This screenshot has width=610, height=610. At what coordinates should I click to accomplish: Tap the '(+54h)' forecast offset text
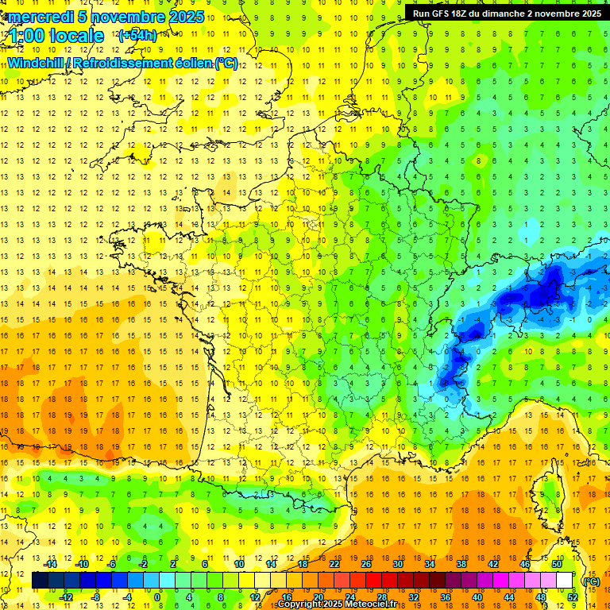(x=137, y=35)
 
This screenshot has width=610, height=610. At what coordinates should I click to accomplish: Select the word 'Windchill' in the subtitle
(x=34, y=64)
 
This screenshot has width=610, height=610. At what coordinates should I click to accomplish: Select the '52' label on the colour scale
(x=572, y=596)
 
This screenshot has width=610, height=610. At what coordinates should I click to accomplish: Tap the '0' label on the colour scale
(x=157, y=596)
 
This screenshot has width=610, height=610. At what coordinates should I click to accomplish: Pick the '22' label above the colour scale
(x=334, y=563)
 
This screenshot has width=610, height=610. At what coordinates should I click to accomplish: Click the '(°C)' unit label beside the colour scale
(x=591, y=581)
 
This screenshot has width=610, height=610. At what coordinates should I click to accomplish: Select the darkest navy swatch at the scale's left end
(x=40, y=581)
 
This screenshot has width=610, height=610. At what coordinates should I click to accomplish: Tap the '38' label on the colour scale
(x=461, y=563)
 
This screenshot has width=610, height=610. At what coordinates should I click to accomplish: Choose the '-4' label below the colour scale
(x=126, y=596)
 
